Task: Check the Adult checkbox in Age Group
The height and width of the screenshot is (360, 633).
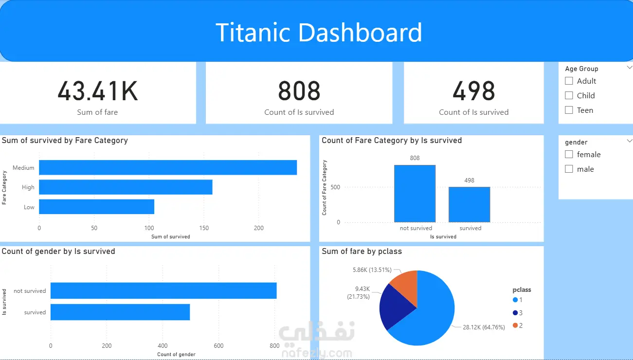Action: pyautogui.click(x=569, y=81)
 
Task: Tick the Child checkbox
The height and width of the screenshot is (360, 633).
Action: pyautogui.click(x=569, y=95)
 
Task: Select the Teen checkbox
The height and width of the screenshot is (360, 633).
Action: pyautogui.click(x=569, y=110)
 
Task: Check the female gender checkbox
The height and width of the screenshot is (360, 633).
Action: pyautogui.click(x=569, y=154)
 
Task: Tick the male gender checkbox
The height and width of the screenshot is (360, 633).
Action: pyautogui.click(x=569, y=169)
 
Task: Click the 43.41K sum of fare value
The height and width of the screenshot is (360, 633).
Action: pyautogui.click(x=98, y=91)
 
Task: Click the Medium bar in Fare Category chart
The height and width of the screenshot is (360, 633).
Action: pyautogui.click(x=168, y=167)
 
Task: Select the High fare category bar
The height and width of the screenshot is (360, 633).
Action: pyautogui.click(x=126, y=187)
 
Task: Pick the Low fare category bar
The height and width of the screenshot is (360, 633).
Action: pyautogui.click(x=97, y=207)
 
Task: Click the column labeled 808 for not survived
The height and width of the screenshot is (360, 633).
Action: pyautogui.click(x=415, y=194)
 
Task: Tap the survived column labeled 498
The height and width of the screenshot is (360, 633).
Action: pyautogui.click(x=470, y=205)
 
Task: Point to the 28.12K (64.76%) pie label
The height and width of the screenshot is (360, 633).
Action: pyautogui.click(x=484, y=327)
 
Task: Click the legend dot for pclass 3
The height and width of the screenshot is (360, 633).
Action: pyautogui.click(x=515, y=313)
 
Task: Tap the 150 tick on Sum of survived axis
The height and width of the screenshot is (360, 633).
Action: pyautogui.click(x=204, y=228)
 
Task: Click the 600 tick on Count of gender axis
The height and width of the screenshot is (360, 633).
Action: pyautogui.click(x=218, y=345)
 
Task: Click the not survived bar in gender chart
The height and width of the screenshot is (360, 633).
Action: pyautogui.click(x=163, y=290)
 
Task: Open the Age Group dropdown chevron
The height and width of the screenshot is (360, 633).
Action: pyautogui.click(x=630, y=68)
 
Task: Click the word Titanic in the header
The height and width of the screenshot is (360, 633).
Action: pyautogui.click(x=253, y=33)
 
